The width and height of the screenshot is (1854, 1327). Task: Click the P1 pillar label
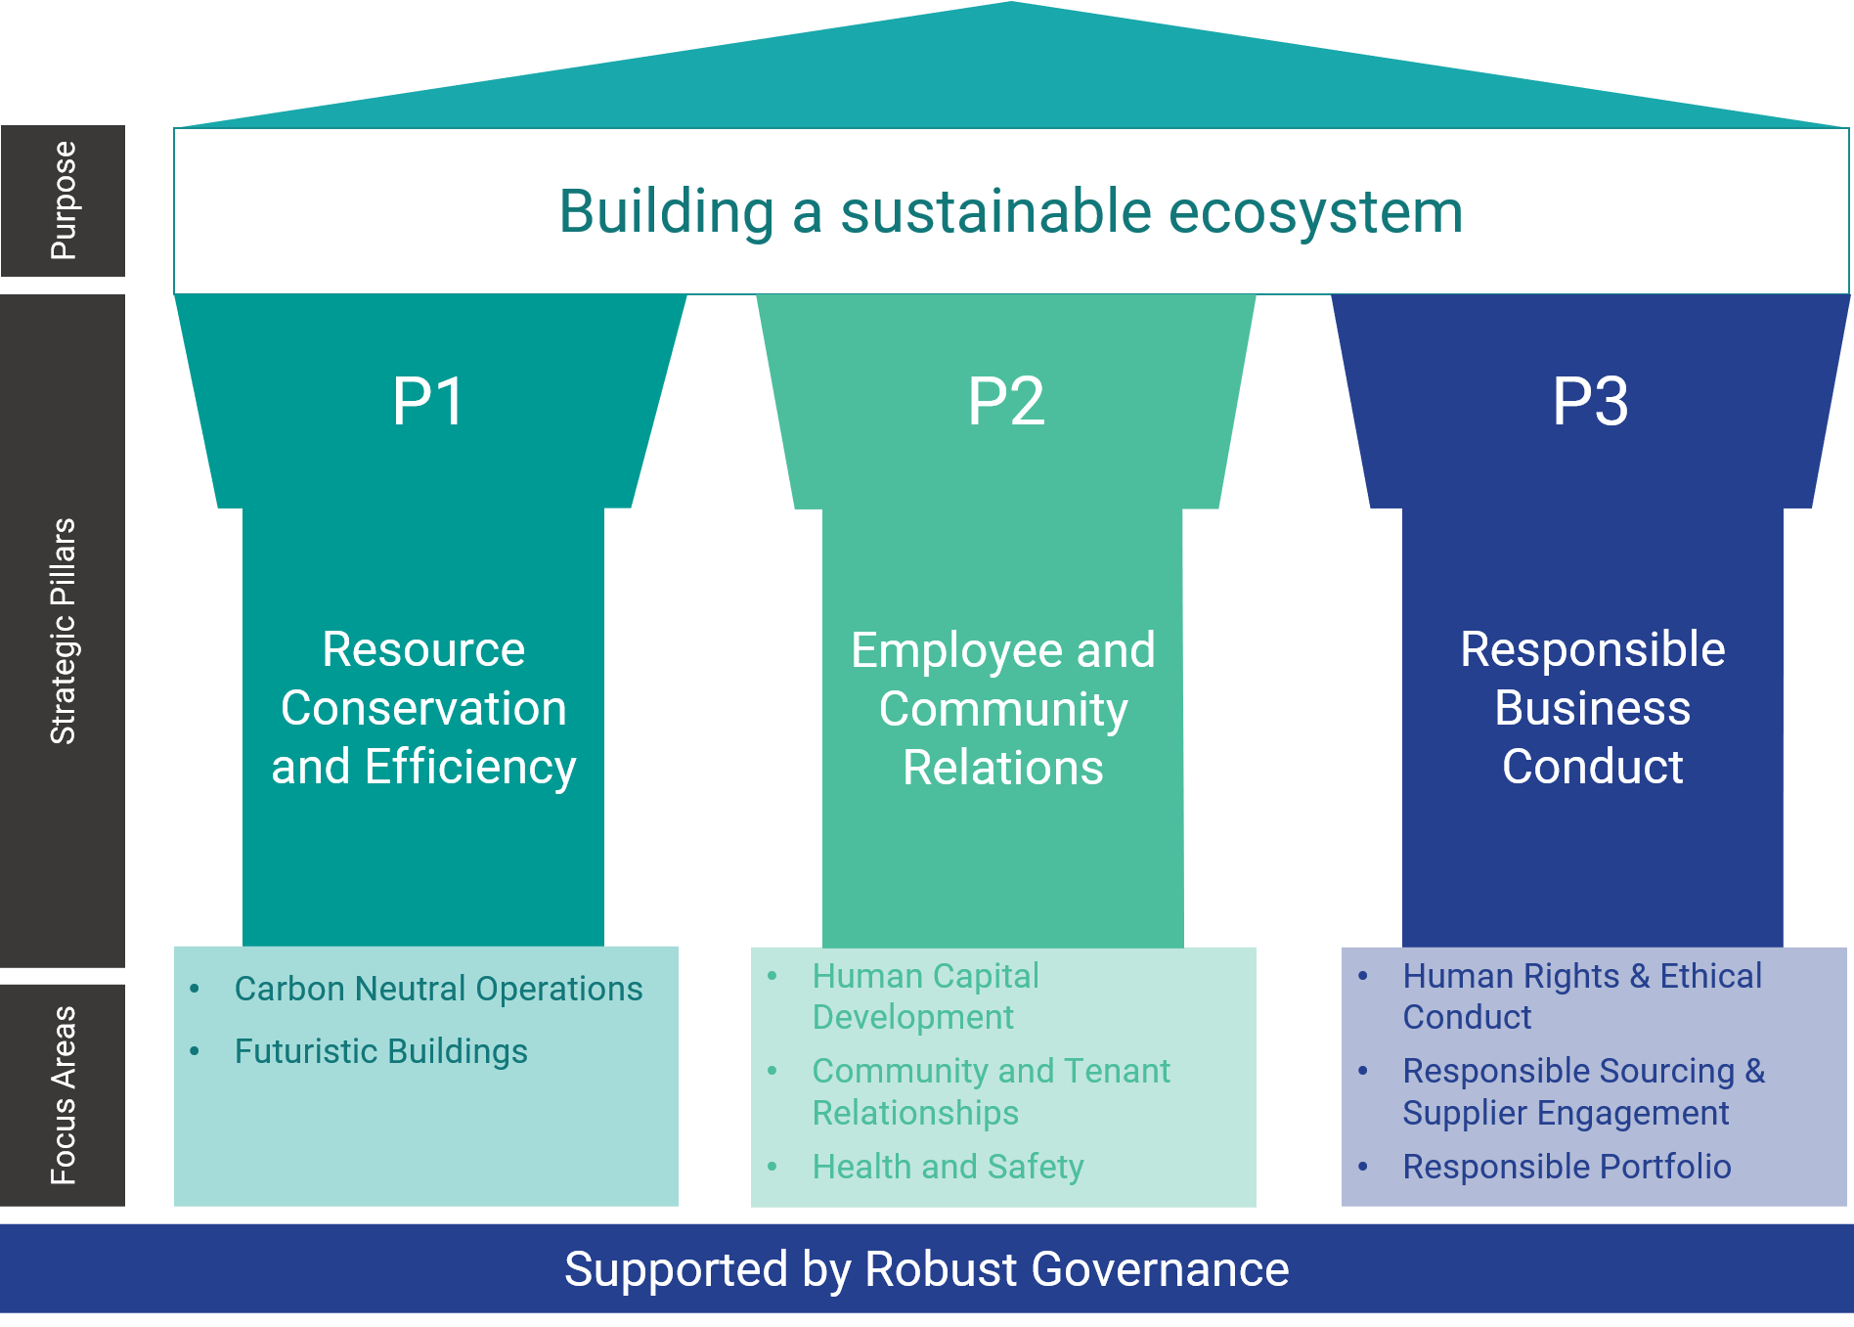[x=428, y=402]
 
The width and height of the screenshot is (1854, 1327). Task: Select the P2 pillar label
[x=1006, y=402]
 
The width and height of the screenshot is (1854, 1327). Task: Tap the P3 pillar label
[x=1591, y=402]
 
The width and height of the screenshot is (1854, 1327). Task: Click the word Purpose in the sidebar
[x=64, y=200]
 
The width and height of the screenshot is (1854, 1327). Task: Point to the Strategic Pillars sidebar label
[x=64, y=631]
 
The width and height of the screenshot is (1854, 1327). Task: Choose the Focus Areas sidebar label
[x=64, y=1095]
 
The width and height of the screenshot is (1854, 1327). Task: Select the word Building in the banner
[x=667, y=212]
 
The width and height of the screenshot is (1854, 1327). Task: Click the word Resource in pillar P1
[x=423, y=650]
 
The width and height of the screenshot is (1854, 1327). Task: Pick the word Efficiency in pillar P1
[x=469, y=768]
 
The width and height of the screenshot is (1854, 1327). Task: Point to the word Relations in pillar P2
[x=1003, y=768]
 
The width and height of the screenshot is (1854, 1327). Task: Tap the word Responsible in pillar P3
[x=1592, y=650]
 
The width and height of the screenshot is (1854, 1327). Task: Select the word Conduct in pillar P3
[x=1592, y=767]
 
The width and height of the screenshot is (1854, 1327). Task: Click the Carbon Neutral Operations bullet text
[x=438, y=989]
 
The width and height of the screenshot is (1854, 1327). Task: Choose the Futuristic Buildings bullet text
[x=380, y=1051]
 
